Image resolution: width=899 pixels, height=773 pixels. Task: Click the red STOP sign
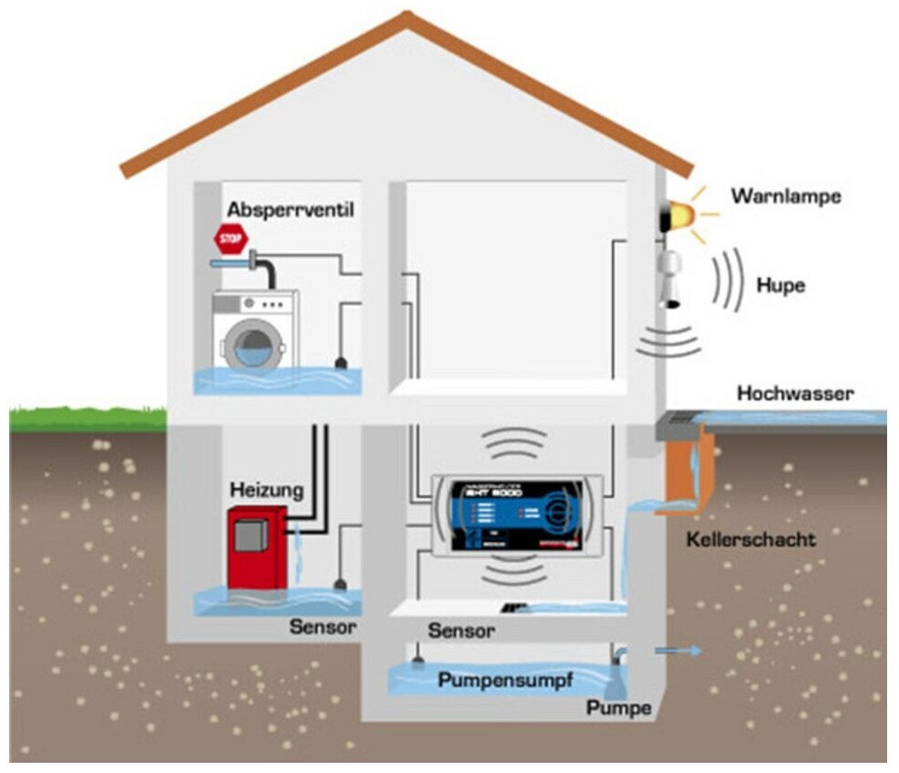(230, 240)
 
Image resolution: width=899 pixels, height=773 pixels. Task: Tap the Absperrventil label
(290, 209)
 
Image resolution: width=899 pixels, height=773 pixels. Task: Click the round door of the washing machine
(251, 344)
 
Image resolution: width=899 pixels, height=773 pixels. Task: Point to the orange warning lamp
(680, 214)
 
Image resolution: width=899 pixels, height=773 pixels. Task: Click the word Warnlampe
(786, 196)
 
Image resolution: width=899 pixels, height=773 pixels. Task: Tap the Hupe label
(780, 285)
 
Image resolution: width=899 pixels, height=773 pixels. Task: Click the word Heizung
(265, 491)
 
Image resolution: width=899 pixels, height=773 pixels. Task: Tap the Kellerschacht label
(750, 539)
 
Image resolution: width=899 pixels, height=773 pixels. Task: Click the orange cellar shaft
(683, 470)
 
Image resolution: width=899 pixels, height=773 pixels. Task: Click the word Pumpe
(619, 708)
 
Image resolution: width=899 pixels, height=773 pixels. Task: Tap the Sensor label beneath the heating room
(323, 627)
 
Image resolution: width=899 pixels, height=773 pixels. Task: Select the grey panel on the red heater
(248, 536)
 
